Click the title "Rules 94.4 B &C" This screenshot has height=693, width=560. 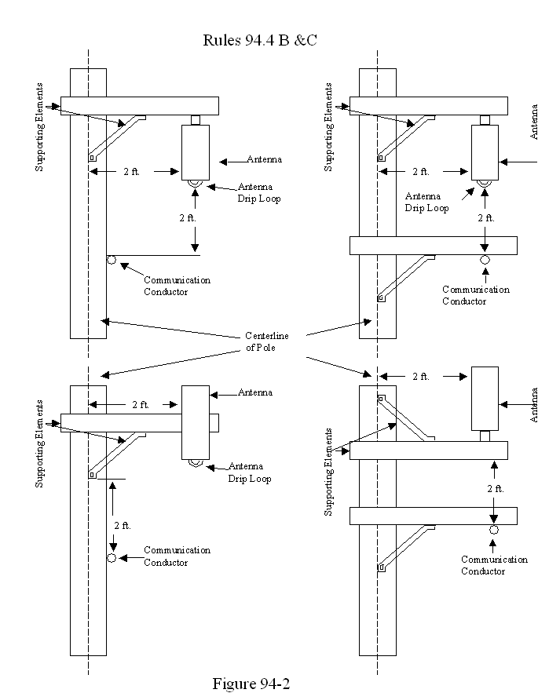[259, 40]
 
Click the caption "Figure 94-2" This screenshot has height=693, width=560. [251, 684]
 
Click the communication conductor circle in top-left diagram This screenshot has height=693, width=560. [112, 259]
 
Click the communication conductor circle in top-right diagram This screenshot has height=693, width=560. [485, 260]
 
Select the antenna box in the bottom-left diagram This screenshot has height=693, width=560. [196, 421]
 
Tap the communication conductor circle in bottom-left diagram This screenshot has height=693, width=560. [112, 557]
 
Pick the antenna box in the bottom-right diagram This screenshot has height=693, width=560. [485, 398]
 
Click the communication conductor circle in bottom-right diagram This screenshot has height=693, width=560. [494, 531]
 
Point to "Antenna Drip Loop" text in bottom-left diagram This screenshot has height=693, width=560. [249, 472]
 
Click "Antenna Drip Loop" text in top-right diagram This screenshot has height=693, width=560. [426, 202]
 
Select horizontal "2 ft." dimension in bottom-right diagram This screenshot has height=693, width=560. [420, 377]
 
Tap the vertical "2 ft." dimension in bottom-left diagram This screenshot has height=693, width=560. [122, 525]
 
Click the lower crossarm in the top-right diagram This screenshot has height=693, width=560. [433, 245]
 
